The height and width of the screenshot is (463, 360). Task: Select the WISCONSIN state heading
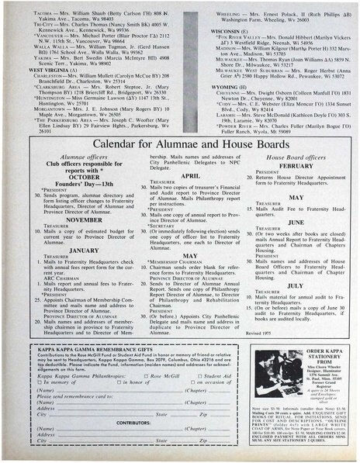(x=212, y=30)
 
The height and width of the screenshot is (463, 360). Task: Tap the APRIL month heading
(x=180, y=176)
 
